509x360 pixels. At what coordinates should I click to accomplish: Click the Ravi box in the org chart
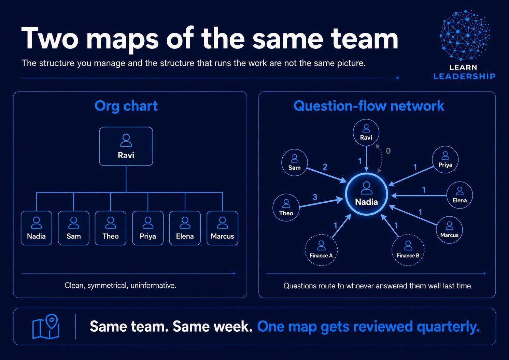[126, 146]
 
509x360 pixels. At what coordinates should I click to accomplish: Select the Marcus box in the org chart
[223, 228]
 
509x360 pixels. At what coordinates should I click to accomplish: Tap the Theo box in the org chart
[110, 228]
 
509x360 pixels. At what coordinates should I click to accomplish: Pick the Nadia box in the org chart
[36, 228]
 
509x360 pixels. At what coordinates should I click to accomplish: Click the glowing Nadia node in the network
[366, 194]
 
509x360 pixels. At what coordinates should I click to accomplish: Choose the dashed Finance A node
[321, 250]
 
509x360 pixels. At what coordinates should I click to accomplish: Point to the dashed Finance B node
[408, 250]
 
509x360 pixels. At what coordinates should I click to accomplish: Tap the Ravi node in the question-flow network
[366, 133]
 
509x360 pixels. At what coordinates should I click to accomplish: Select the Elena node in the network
[460, 195]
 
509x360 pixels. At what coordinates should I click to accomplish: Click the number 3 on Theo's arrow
[315, 197]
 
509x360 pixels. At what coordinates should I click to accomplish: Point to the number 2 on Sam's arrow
[325, 167]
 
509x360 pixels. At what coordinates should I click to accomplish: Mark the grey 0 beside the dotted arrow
[388, 151]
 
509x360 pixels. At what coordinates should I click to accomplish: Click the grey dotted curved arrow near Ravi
[382, 159]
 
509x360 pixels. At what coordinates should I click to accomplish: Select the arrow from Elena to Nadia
[419, 195]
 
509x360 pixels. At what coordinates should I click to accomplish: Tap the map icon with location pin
[46, 326]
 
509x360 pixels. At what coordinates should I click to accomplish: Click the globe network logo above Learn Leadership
[465, 35]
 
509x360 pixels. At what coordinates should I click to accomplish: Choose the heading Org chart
[126, 106]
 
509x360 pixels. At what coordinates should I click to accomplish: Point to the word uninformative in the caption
[153, 286]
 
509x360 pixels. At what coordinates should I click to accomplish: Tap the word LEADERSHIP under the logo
[465, 76]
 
